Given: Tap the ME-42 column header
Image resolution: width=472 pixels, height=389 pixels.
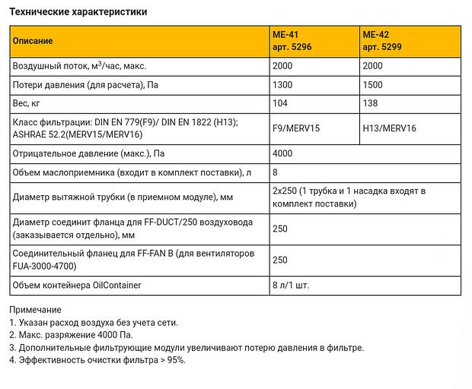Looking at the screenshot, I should click(384, 40).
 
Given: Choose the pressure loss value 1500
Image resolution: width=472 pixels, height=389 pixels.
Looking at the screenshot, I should click(373, 86).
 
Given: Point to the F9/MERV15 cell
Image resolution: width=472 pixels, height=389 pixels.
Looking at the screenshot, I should click(296, 129).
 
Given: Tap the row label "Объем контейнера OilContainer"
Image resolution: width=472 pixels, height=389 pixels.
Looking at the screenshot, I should click(78, 285).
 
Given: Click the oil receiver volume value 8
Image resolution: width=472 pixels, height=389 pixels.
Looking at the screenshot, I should click(275, 173).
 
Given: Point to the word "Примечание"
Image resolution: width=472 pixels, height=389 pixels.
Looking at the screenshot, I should click(35, 310).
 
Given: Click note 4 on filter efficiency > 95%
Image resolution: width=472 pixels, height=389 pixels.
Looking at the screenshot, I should click(97, 360).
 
